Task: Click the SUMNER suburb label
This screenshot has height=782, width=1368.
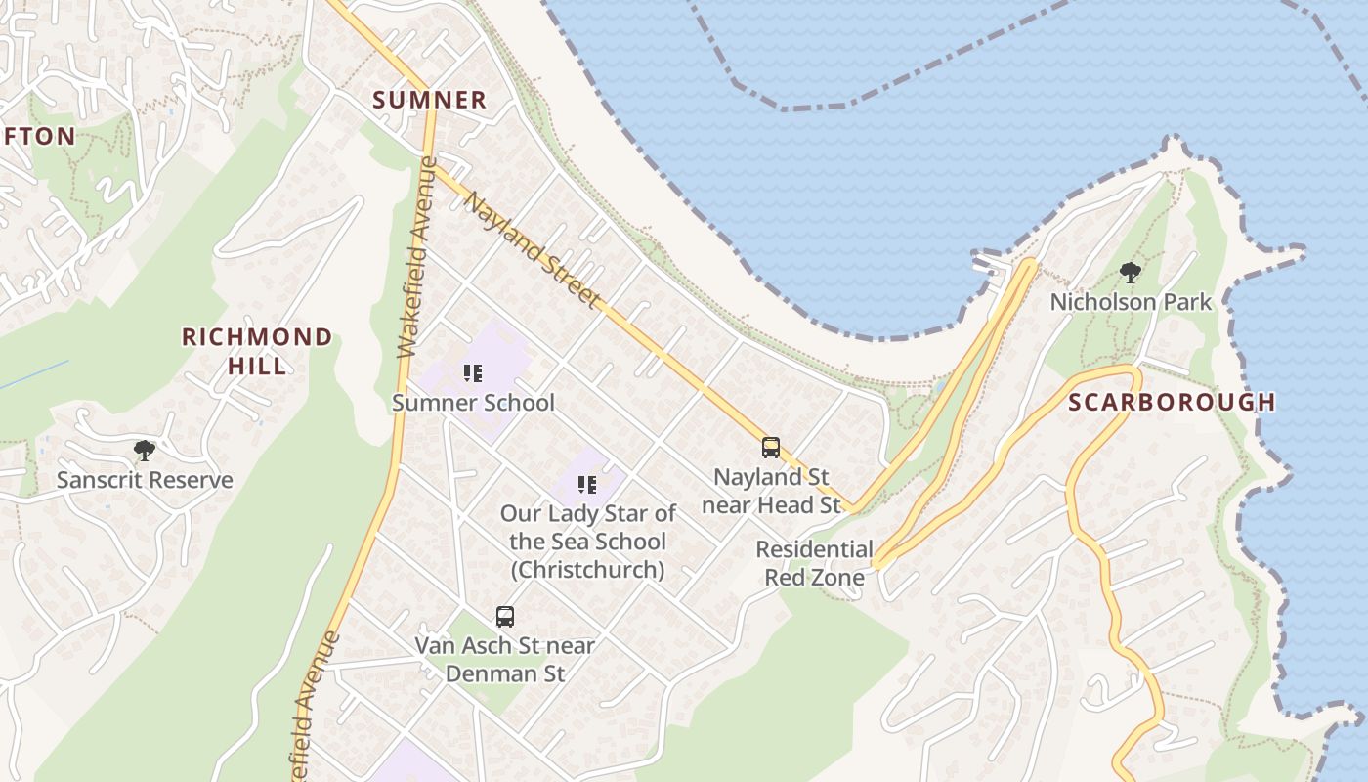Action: coord(430,100)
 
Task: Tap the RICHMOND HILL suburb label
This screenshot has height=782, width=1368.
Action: coord(257,351)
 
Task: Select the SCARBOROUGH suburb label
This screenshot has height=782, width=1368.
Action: coord(1172,402)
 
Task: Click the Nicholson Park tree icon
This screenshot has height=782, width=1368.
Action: coord(1131,273)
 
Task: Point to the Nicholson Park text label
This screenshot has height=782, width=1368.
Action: coord(1131,302)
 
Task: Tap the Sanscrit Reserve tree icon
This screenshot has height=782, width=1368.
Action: coord(145,451)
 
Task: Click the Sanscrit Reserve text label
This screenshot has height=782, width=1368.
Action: coord(145,480)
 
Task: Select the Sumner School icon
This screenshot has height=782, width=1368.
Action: coord(473,372)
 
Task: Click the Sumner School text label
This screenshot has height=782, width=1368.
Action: coord(473,403)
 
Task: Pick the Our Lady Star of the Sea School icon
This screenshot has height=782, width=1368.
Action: coord(587,485)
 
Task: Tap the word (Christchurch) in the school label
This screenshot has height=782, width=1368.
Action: coord(587,570)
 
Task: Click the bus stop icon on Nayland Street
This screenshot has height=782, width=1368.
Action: coord(771,448)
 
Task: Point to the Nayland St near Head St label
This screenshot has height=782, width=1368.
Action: coord(771,491)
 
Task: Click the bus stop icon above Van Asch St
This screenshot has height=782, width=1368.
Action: coord(505,617)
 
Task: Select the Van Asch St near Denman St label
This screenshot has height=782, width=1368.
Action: coord(505,659)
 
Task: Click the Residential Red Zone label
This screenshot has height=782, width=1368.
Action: coord(814,563)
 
